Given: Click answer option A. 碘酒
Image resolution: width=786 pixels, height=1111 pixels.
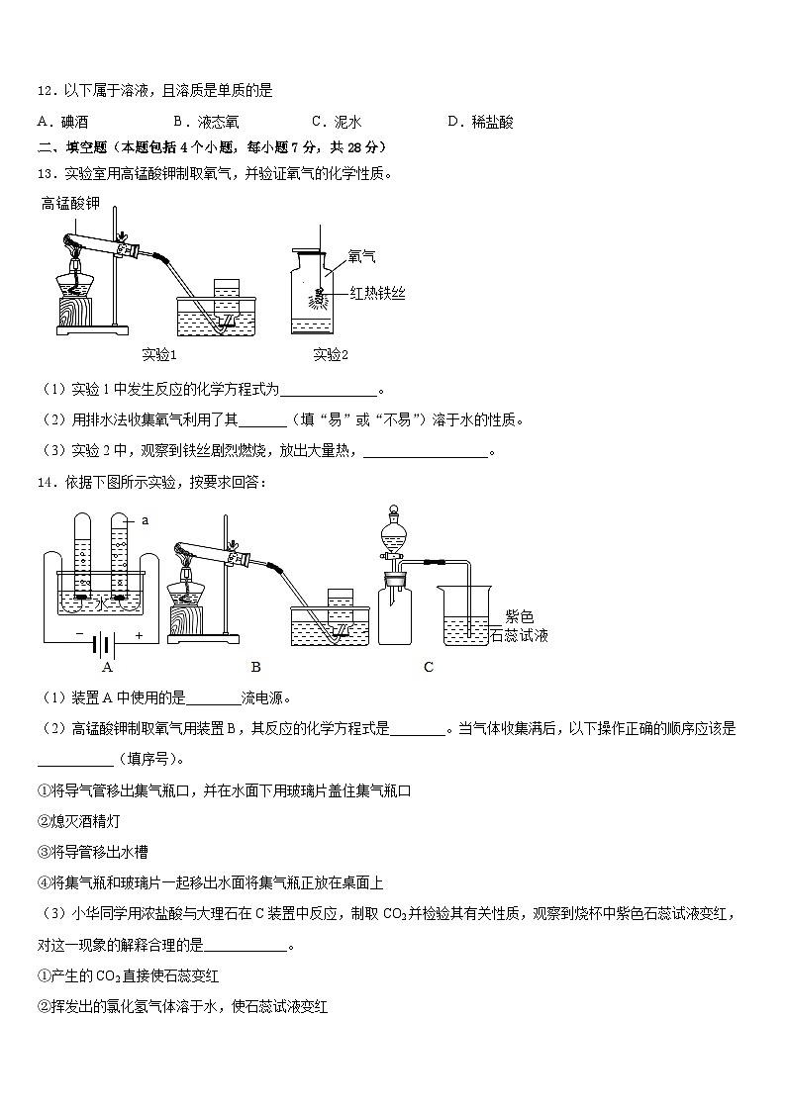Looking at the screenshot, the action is point(62,123).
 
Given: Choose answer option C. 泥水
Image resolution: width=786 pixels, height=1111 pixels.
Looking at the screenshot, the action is point(336,123).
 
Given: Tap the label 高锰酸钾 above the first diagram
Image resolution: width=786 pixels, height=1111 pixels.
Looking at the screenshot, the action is point(70,205).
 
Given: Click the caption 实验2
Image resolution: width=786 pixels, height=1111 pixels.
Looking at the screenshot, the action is point(331,355).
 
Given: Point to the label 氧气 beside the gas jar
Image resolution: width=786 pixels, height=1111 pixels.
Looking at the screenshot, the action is point(361,256).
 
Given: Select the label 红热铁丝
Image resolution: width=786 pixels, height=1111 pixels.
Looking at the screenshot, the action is point(377,293).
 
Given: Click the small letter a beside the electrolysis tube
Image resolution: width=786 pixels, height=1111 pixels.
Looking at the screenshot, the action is point(145,519).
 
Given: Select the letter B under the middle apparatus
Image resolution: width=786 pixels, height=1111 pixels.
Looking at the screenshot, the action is point(256,667).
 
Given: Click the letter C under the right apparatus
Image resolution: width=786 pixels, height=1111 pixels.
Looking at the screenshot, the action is point(429,667).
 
